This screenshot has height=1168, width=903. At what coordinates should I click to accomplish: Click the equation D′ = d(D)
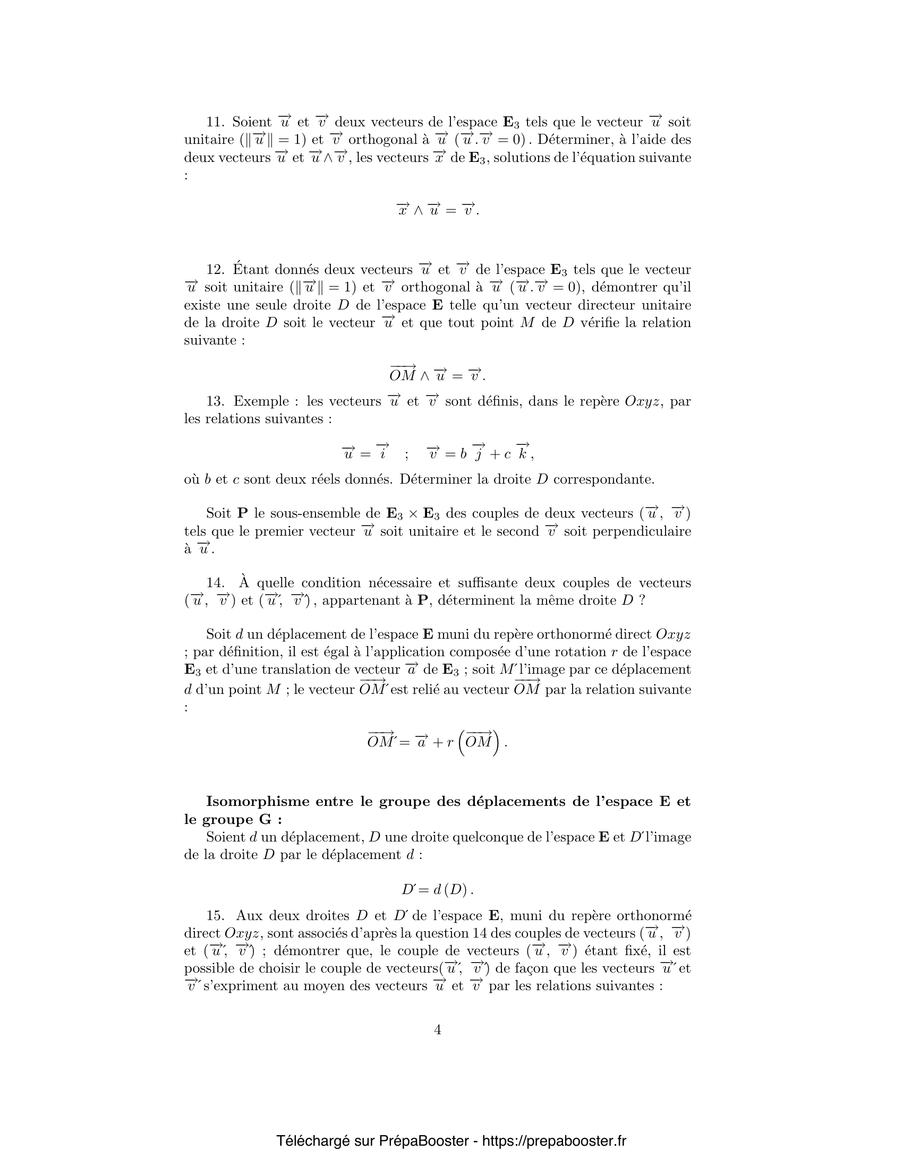pyautogui.click(x=438, y=890)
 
